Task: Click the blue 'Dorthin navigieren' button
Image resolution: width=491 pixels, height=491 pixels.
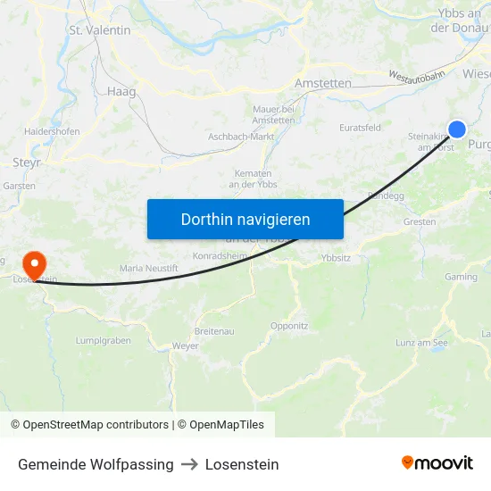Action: pyautogui.click(x=245, y=219)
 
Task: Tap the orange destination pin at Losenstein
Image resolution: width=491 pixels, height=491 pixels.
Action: pyautogui.click(x=34, y=262)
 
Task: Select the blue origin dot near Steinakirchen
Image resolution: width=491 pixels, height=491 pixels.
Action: pyautogui.click(x=457, y=129)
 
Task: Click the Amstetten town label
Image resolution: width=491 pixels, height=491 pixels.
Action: pyautogui.click(x=322, y=83)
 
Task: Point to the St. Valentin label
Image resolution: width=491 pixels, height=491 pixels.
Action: pyautogui.click(x=100, y=30)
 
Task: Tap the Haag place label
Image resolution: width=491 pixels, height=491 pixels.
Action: pyautogui.click(x=121, y=91)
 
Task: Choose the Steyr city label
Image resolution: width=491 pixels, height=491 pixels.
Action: pyautogui.click(x=26, y=162)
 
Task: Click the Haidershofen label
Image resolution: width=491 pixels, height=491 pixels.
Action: pyautogui.click(x=52, y=131)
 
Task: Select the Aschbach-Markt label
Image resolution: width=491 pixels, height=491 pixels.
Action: pyautogui.click(x=240, y=137)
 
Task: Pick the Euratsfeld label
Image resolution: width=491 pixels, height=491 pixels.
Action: pyautogui.click(x=361, y=128)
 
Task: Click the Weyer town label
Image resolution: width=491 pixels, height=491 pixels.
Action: pyautogui.click(x=186, y=345)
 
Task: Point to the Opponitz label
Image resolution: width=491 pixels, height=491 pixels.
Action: pyautogui.click(x=289, y=326)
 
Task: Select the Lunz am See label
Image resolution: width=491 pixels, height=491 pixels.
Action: pyautogui.click(x=421, y=343)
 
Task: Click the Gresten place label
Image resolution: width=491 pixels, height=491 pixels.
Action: pyautogui.click(x=420, y=221)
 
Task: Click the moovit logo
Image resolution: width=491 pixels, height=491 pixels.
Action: pyautogui.click(x=437, y=463)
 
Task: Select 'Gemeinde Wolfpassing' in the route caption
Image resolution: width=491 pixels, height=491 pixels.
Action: pyautogui.click(x=96, y=464)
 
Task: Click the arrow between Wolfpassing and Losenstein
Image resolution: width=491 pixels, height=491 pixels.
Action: pyautogui.click(x=189, y=464)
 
